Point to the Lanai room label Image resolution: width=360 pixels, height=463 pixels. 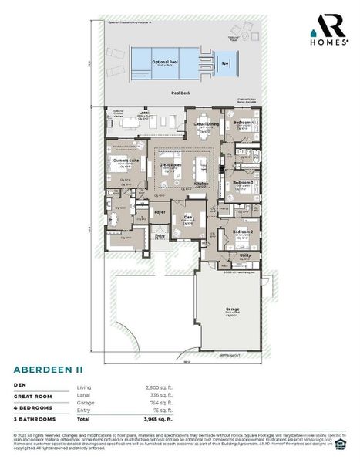(x=143, y=113)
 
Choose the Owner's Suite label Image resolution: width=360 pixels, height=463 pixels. (x=127, y=161)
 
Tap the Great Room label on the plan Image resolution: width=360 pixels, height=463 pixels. (x=170, y=165)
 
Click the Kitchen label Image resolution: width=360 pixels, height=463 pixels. (x=202, y=184)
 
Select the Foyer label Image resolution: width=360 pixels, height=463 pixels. (x=160, y=211)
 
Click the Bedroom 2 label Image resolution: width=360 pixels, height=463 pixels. (x=244, y=231)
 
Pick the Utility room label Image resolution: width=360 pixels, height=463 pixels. (x=245, y=255)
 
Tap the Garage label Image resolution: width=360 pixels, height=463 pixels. (x=232, y=309)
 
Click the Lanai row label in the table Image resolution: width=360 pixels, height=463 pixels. (x=84, y=394)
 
